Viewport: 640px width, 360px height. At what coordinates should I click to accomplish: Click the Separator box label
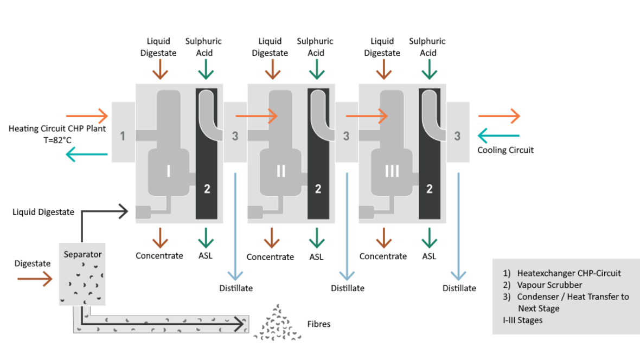point(82,254)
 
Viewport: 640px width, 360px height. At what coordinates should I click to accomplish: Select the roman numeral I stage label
point(169,171)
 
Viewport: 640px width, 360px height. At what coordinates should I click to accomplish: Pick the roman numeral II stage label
point(281,171)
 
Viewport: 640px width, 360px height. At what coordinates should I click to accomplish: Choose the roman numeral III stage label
point(392,171)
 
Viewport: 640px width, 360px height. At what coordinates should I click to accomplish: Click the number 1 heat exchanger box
point(123,135)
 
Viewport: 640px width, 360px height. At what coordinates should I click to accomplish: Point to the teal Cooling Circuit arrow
point(498,136)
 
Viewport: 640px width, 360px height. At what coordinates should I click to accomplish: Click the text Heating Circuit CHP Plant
point(57,128)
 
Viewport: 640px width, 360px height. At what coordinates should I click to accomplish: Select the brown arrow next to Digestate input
point(35,279)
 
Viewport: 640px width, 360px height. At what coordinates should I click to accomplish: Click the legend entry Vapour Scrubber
point(549,285)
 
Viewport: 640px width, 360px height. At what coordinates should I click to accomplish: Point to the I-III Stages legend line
point(522,320)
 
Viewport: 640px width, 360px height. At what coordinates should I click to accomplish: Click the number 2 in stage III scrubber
point(430,189)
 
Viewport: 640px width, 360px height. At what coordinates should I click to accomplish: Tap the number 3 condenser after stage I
point(235,136)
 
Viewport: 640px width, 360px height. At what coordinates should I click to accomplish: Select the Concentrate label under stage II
point(270,256)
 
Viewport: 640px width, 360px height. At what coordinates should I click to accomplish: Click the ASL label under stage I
point(206,255)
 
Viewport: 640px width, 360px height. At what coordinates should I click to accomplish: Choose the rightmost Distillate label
point(459,288)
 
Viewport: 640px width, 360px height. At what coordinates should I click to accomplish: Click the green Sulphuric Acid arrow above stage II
point(316,69)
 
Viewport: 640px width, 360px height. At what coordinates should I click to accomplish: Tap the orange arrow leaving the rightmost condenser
point(498,115)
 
